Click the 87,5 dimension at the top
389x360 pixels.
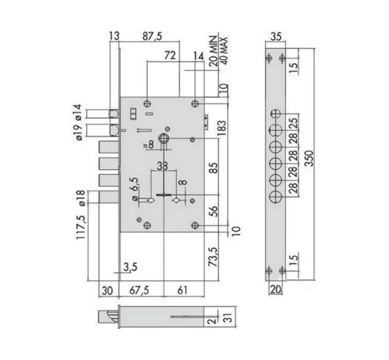152,36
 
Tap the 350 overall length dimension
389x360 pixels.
309,158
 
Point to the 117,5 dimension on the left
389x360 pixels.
81,227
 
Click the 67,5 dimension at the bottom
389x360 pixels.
139,290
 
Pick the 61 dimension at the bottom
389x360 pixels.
182,290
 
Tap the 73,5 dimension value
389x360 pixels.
213,257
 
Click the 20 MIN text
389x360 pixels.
213,51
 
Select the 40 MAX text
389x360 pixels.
223,51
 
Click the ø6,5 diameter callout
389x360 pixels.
135,189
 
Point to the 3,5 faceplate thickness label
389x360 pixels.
130,267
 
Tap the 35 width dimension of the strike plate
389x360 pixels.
276,36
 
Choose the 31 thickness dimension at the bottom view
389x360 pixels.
229,317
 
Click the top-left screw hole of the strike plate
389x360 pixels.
269,58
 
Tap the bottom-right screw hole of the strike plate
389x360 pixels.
282,270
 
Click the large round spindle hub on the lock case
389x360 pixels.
164,138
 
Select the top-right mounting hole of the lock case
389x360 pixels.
195,103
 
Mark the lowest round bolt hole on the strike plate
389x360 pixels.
275,197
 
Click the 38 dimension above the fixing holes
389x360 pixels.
162,166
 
